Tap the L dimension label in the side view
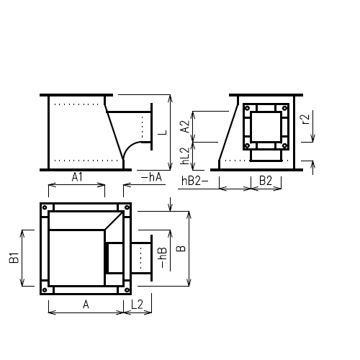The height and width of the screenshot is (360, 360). point(163,132)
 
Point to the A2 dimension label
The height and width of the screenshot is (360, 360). point(185,126)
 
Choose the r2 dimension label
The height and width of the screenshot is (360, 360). point(307,120)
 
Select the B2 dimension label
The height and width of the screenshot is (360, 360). point(265,180)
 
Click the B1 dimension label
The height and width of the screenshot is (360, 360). point(14,257)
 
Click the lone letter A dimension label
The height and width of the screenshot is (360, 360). point(85,305)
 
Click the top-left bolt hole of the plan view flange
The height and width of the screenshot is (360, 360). point(45,209)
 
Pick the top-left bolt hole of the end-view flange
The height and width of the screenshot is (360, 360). point(248,108)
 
